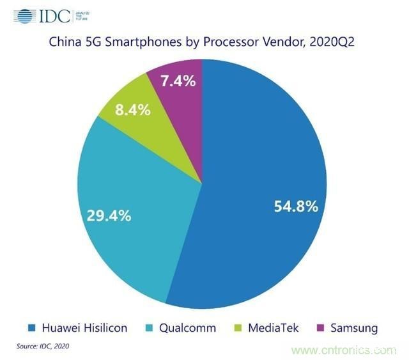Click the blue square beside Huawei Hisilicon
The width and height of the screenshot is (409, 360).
33,329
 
